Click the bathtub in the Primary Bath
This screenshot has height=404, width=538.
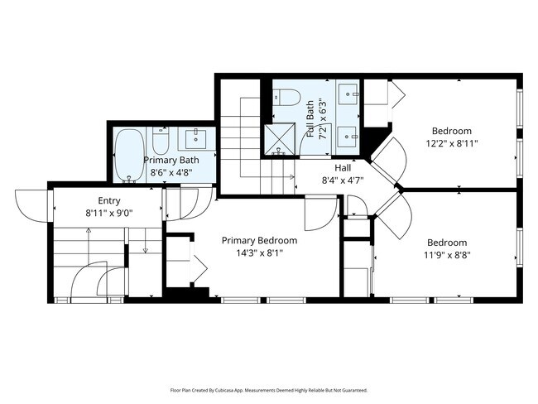(x=127, y=154)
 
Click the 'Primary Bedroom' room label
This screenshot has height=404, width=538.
(x=259, y=241)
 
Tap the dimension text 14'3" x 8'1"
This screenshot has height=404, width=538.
(x=259, y=254)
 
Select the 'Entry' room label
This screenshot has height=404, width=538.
(x=109, y=200)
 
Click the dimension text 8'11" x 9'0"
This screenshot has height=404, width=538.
(x=109, y=213)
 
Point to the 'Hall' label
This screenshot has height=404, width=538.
(x=331, y=166)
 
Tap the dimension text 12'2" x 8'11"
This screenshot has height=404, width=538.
(x=452, y=143)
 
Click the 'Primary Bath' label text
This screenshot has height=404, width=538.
(x=171, y=160)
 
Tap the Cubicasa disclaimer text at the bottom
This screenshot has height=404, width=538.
(x=268, y=390)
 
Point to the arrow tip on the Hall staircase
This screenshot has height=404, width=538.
(x=294, y=176)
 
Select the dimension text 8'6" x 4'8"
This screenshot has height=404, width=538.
(x=171, y=172)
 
